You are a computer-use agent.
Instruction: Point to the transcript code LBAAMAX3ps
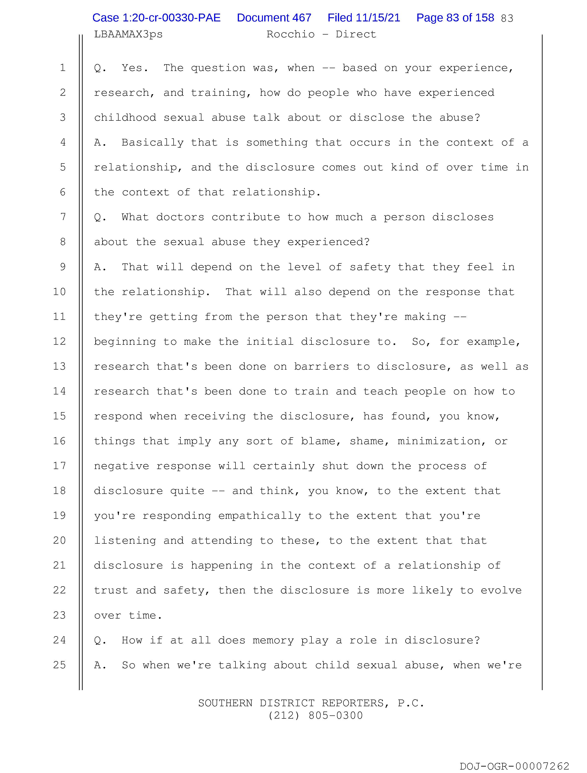(128, 34)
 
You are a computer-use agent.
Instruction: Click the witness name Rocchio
(290, 34)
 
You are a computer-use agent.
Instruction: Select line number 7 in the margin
(63, 217)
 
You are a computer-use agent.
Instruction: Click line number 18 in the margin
(59, 491)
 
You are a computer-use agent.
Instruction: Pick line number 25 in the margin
(59, 665)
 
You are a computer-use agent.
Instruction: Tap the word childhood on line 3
(125, 117)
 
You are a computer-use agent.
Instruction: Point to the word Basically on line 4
(152, 143)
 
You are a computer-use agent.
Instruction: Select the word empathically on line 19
(259, 516)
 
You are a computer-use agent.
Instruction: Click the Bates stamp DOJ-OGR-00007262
(514, 766)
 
